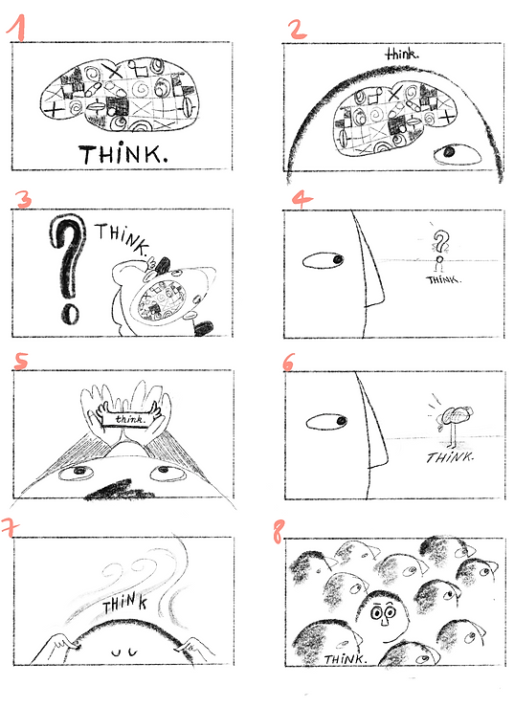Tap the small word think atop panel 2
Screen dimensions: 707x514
[x=401, y=55]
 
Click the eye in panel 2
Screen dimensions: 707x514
[x=446, y=153]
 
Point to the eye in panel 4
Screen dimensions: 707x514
[x=324, y=260]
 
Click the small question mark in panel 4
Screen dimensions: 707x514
[x=440, y=246]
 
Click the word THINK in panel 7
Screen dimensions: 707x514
[x=126, y=604]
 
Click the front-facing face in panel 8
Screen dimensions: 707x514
[x=385, y=614]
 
